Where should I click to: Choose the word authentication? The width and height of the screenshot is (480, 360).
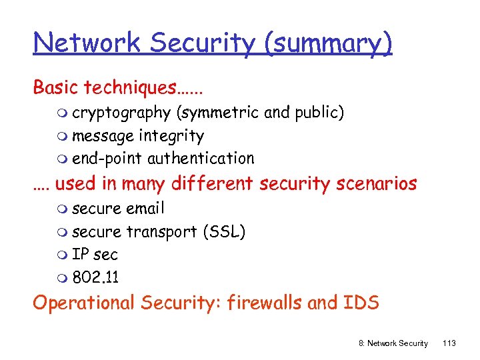click(x=201, y=159)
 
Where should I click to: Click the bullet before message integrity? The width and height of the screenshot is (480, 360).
click(x=62, y=137)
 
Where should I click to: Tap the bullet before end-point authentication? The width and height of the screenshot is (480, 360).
click(x=62, y=159)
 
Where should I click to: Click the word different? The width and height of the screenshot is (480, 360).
click(x=213, y=183)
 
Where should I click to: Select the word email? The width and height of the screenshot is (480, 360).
click(x=145, y=209)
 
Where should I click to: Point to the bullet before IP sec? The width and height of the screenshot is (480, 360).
click(x=62, y=255)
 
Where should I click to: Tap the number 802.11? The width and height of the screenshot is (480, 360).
click(x=95, y=278)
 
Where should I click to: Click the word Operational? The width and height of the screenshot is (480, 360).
click(x=84, y=303)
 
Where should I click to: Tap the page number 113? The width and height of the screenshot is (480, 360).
click(x=449, y=343)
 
